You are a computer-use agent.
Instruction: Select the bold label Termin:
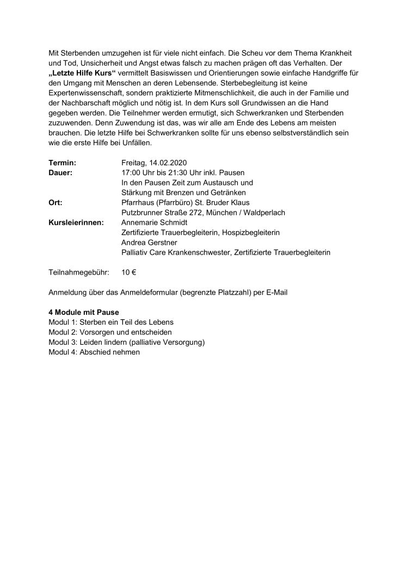pos(62,163)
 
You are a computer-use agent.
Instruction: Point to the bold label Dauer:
pos(60,172)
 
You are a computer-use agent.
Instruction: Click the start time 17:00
pos(131,172)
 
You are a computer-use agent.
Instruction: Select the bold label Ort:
pos(55,202)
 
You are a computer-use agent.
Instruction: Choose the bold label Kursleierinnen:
pos(76,222)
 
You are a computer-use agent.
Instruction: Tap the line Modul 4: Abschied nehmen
pos(94,352)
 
